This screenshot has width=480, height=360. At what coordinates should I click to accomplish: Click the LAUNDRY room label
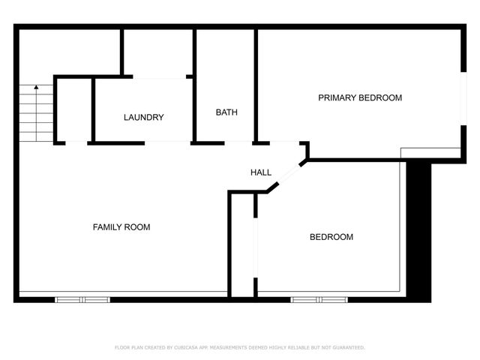[143, 118]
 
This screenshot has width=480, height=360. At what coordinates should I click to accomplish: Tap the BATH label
[226, 112]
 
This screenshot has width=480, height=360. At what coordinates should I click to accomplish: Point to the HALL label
[260, 173]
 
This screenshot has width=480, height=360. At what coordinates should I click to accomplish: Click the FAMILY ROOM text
[121, 227]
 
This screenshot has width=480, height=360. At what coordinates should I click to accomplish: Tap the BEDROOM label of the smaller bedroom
[331, 238]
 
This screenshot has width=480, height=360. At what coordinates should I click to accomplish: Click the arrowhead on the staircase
[36, 88]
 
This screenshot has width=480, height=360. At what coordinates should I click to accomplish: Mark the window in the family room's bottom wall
[82, 299]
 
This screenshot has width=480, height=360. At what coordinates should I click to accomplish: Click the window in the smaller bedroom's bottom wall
[318, 299]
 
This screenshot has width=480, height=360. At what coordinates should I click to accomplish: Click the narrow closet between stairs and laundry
[73, 109]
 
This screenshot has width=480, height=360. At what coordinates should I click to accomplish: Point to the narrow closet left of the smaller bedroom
[242, 244]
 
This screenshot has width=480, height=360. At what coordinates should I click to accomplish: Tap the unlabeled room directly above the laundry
[157, 52]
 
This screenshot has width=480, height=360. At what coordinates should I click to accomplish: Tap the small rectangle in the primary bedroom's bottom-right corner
[430, 153]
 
